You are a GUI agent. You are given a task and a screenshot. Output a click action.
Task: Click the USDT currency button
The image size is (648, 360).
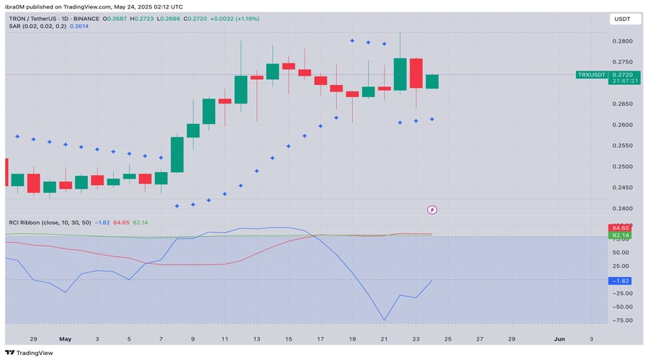coord(620,19)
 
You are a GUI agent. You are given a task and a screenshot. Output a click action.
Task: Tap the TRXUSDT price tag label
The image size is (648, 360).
coord(591,74)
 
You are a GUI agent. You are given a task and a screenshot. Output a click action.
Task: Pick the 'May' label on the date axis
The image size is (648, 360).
coord(66,337)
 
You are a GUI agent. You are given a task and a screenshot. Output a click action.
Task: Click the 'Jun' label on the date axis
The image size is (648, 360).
coord(559,337)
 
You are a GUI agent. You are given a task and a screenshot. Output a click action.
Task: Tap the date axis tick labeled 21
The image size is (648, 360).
coord(384,337)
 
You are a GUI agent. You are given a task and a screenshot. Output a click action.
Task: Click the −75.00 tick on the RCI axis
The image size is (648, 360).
coord(619,320)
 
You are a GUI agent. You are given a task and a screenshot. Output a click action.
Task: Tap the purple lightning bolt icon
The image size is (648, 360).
coord(432,210)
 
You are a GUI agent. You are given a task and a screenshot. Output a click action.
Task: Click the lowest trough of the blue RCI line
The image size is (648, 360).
coord(384,320)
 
